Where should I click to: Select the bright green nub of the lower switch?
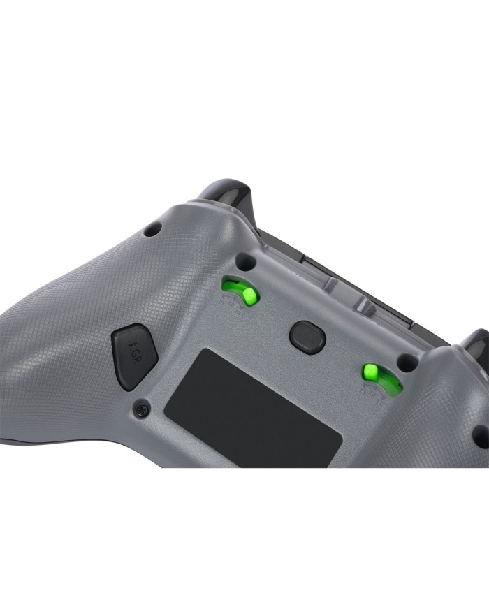coord(371,371)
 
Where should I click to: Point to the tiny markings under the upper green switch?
coord(229,305)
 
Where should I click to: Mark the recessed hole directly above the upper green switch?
coord(245,263)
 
